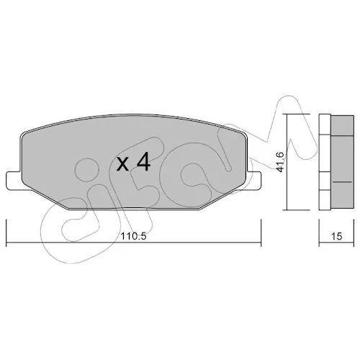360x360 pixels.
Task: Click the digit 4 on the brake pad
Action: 143,162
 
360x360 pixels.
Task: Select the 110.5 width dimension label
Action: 133,237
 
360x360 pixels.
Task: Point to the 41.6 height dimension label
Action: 280,162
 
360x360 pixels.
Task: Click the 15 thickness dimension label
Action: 337,236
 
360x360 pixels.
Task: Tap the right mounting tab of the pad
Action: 254,180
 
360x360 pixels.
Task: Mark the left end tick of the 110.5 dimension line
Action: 6,233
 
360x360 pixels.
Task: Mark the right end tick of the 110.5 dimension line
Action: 261,233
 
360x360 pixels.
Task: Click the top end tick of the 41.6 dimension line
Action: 297,114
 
